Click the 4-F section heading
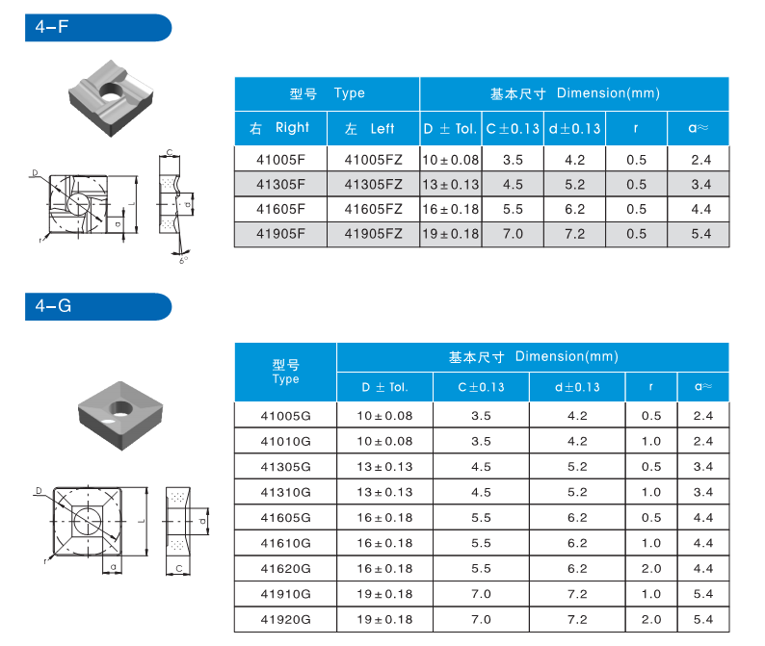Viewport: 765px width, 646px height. (52, 27)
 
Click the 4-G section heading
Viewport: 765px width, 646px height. (52, 306)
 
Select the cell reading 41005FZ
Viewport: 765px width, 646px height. (373, 160)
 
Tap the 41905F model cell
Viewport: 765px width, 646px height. (280, 234)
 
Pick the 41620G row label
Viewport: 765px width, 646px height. (286, 568)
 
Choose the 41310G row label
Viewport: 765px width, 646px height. (286, 492)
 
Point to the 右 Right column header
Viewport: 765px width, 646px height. (279, 128)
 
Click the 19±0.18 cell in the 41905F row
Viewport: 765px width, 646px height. (450, 234)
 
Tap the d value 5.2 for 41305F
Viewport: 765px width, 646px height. (574, 185)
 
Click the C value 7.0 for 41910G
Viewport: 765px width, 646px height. (481, 593)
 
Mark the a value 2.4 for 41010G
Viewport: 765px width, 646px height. (702, 442)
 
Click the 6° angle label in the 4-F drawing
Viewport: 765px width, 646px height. (183, 259)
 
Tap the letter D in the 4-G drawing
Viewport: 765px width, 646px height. (39, 491)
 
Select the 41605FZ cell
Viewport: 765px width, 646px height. (373, 209)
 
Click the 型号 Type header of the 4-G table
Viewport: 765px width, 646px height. (286, 372)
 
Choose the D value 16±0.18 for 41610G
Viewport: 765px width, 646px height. (384, 543)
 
